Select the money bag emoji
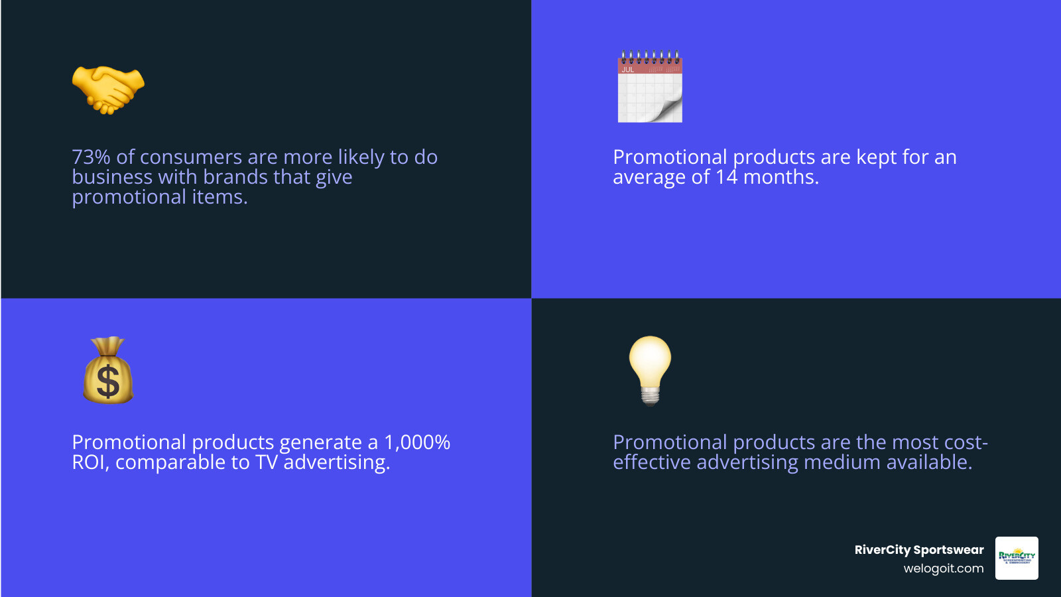108,370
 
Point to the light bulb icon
650,371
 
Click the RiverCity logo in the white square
1017,558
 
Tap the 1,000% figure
417,442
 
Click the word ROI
90,462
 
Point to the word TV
267,462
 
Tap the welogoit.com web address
944,568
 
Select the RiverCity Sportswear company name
919,550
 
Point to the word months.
781,177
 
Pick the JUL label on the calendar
627,70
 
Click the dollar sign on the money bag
108,381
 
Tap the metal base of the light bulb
650,395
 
